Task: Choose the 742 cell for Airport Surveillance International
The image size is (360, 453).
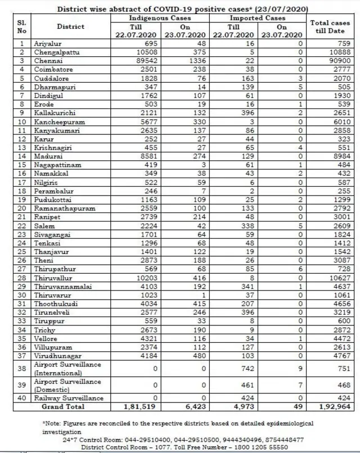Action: (233, 368)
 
